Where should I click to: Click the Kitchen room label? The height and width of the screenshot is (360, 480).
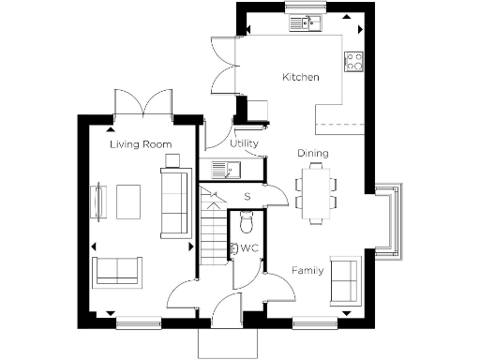(x=301, y=77)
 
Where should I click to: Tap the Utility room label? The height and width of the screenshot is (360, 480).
(x=245, y=143)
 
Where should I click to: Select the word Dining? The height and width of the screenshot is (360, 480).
(x=312, y=153)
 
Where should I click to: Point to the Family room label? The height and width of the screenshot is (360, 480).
(x=307, y=271)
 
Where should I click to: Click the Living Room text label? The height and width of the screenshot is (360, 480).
(x=140, y=145)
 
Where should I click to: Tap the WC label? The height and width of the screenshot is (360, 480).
(x=249, y=249)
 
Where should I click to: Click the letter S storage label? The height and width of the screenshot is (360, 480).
(x=247, y=197)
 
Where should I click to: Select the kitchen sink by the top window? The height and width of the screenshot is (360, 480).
(x=306, y=22)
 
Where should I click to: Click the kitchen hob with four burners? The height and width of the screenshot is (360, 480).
(x=355, y=62)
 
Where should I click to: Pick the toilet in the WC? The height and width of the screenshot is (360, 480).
(x=247, y=222)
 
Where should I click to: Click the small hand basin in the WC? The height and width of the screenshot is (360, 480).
(x=232, y=250)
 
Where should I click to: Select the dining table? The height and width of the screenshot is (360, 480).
(x=316, y=191)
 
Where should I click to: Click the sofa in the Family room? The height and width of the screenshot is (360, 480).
(x=346, y=278)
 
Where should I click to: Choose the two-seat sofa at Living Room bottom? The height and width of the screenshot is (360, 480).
(x=117, y=270)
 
